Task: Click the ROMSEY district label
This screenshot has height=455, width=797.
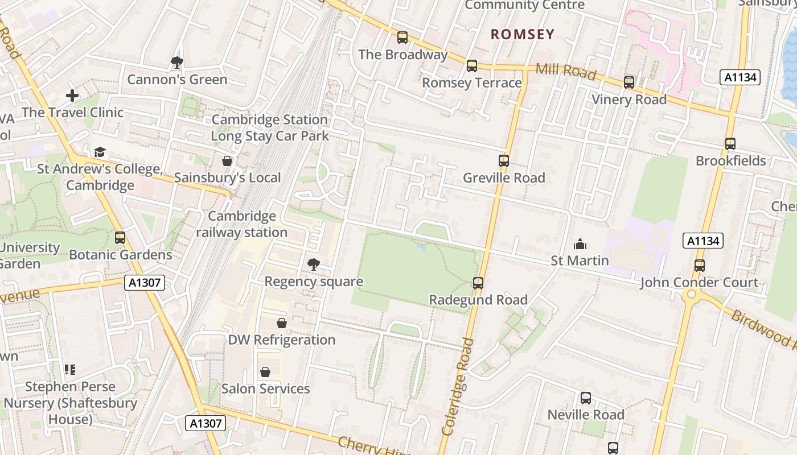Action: (523, 34)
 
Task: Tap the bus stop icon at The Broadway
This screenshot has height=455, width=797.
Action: (402, 38)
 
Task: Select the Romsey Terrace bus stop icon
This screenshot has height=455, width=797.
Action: (472, 66)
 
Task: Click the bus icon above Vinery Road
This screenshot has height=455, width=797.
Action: (629, 82)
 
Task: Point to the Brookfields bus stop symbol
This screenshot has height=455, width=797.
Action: (730, 144)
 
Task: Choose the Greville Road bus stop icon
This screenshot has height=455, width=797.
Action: (504, 161)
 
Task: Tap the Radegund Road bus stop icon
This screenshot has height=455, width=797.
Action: (478, 283)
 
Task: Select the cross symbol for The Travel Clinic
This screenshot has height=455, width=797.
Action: (72, 96)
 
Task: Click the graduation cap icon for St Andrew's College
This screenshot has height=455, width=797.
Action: (100, 152)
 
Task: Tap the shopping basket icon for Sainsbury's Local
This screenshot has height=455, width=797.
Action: (227, 162)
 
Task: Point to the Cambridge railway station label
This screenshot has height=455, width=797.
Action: (242, 224)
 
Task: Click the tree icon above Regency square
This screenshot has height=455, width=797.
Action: (313, 264)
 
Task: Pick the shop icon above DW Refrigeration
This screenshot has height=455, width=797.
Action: (281, 324)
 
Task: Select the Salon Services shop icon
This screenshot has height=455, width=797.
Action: (265, 373)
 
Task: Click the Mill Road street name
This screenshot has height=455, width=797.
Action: (566, 72)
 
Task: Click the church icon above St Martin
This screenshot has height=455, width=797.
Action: (580, 245)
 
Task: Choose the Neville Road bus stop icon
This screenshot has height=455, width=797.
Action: (586, 398)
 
